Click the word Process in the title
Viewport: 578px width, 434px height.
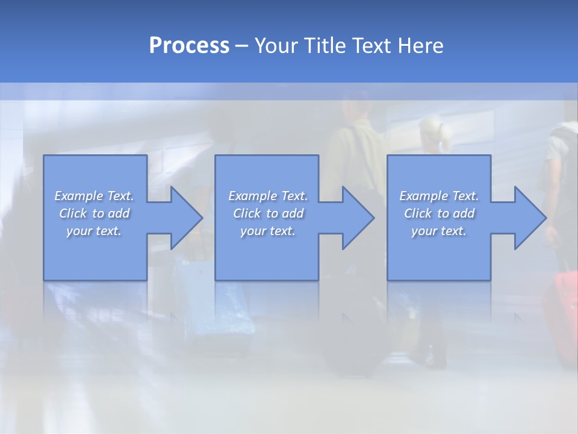pos(189,46)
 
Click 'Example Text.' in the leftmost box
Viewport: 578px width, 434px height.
pos(94,196)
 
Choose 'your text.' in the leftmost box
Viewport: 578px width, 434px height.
pos(94,231)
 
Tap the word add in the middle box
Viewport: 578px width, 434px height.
pos(293,213)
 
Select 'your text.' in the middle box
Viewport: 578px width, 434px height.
pos(267,231)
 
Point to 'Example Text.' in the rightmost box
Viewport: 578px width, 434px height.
pos(439,196)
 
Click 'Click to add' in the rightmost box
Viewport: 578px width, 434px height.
pos(439,213)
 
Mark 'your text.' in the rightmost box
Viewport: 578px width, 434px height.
pos(439,231)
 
